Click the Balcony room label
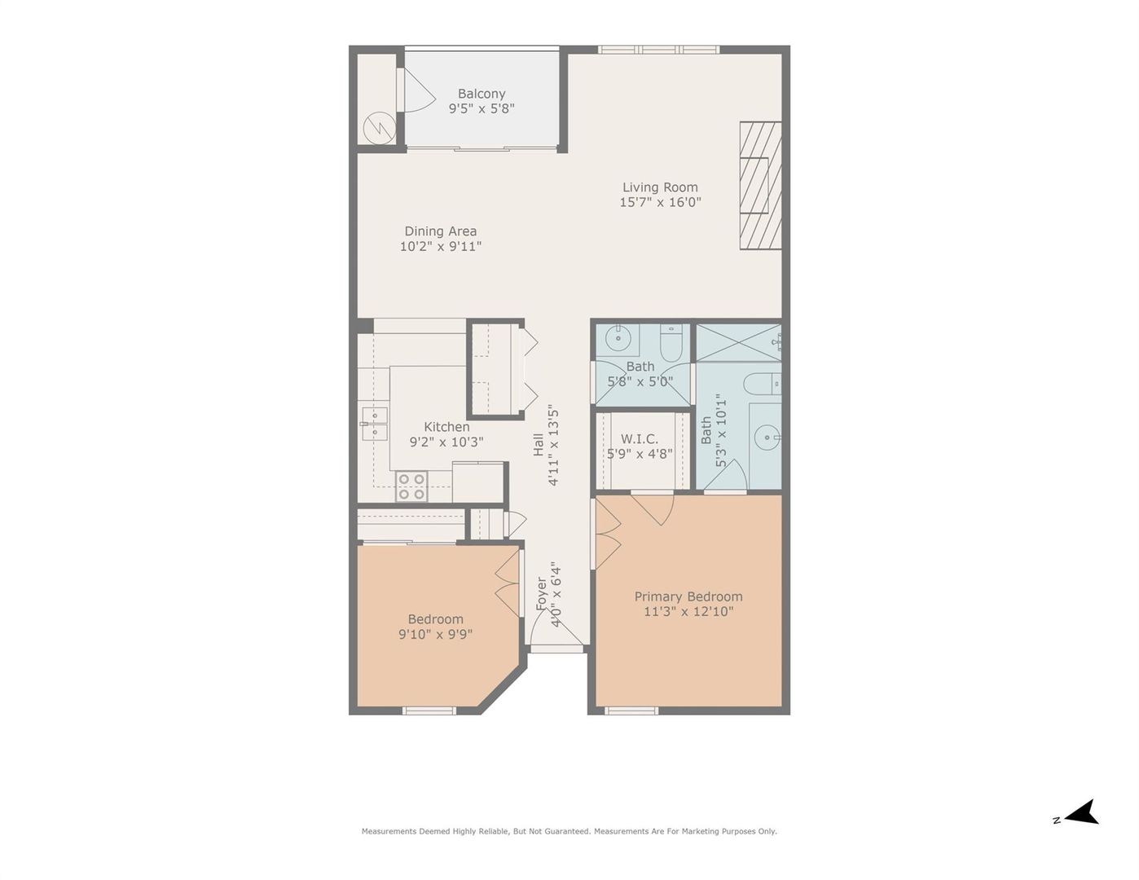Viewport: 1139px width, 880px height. click(x=482, y=94)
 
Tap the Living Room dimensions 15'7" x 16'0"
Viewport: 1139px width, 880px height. click(x=660, y=202)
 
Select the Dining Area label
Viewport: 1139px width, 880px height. click(x=440, y=231)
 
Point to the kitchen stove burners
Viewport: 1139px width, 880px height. click(x=411, y=486)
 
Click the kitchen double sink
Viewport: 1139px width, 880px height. click(x=374, y=424)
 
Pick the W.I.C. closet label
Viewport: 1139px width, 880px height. click(x=640, y=438)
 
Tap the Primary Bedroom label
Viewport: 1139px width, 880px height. click(x=688, y=596)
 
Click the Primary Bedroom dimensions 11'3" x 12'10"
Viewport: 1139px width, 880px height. click(x=688, y=611)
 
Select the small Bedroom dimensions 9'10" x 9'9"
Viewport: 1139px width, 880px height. click(x=435, y=634)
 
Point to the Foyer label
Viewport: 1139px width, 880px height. click(x=542, y=594)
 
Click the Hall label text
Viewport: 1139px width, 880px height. click(x=539, y=444)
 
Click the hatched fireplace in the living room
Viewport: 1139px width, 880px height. click(x=760, y=186)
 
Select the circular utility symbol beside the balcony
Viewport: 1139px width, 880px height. click(x=380, y=127)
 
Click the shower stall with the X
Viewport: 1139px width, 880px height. click(x=738, y=342)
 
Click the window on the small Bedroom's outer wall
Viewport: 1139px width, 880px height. click(x=429, y=711)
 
